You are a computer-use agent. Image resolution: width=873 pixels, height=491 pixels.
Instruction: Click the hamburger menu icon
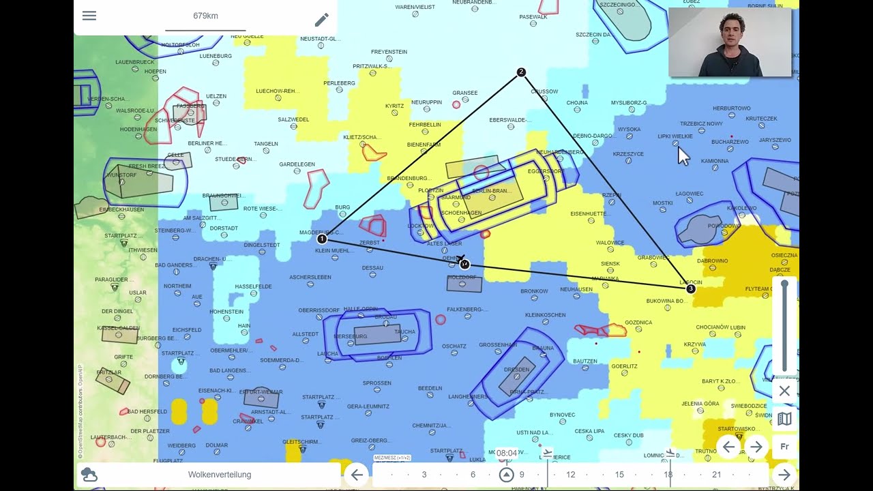coord(89,16)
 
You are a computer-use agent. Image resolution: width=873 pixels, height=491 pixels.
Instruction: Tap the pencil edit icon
coord(322,20)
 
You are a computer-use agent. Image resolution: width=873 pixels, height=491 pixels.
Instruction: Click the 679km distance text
coord(205,16)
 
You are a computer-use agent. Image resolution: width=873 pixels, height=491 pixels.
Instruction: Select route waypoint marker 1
coord(322,239)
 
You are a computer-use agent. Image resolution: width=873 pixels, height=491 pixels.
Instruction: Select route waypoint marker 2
coord(521,72)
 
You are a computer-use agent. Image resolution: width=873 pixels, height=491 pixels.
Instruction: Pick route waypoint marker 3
coord(690,289)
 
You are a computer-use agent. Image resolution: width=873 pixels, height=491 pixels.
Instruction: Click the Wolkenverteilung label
coord(220,475)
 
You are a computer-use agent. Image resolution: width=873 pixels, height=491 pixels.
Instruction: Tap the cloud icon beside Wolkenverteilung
coord(89,475)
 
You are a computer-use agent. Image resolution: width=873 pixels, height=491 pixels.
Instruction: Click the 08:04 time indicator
coord(507,453)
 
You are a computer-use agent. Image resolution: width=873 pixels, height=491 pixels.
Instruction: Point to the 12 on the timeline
coord(571,475)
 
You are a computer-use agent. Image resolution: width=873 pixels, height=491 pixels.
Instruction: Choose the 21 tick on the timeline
coord(716,475)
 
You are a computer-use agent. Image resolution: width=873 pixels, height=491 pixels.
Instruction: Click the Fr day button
coord(784,447)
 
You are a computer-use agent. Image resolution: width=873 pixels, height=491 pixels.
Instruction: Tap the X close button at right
coord(784,391)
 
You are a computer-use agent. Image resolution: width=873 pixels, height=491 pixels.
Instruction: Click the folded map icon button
coord(784,419)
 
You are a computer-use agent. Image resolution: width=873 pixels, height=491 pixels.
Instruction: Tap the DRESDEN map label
coord(516,370)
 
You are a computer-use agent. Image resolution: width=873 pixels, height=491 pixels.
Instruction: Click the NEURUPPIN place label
coord(426,102)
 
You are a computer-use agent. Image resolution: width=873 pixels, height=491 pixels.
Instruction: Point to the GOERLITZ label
coord(624,366)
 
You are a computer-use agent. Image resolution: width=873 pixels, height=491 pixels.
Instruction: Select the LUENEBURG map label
coord(216,56)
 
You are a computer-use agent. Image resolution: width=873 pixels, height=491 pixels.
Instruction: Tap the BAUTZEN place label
coord(585,361)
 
